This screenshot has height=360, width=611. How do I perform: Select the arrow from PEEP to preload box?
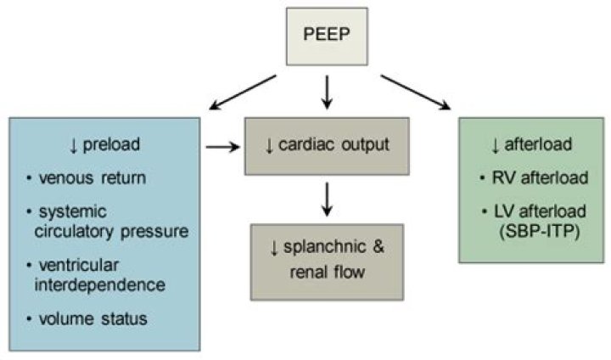243,93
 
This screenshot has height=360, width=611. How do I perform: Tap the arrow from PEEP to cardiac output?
328,92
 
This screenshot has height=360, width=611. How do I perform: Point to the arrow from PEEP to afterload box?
415,93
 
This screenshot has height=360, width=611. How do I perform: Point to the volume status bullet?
92,320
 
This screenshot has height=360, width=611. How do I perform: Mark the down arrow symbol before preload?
74,146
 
